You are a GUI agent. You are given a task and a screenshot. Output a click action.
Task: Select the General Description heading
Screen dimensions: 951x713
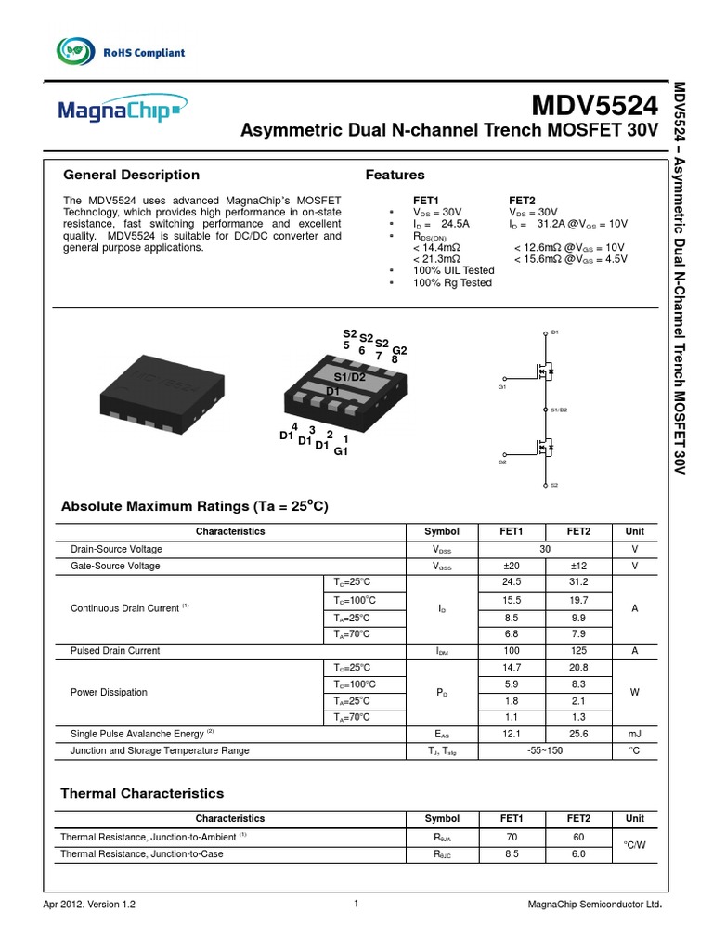tap(130, 175)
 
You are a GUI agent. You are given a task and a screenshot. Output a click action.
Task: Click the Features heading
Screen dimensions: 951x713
tap(395, 175)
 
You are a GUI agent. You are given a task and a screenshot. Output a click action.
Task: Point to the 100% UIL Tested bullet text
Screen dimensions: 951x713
tap(453, 270)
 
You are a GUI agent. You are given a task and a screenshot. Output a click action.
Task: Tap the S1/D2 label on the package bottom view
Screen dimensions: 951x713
tap(350, 377)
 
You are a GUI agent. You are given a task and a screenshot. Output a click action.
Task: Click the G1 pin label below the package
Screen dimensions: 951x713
tap(340, 451)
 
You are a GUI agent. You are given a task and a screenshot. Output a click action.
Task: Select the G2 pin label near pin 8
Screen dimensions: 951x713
tap(399, 350)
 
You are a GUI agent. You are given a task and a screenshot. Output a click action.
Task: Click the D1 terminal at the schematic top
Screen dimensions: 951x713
tap(555, 332)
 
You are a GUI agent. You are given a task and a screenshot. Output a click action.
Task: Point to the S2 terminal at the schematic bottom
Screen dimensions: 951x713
tap(554, 485)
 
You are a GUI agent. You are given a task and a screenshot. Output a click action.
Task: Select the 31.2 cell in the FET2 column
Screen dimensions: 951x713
tap(578, 582)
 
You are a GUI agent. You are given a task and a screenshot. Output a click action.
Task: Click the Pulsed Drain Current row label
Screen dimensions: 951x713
tap(115, 651)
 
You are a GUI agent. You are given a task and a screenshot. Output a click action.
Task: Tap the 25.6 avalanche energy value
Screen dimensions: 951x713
tap(578, 734)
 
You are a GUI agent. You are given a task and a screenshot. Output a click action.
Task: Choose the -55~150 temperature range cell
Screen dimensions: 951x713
tap(545, 750)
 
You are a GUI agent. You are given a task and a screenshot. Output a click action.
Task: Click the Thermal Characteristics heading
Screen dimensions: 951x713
tap(142, 793)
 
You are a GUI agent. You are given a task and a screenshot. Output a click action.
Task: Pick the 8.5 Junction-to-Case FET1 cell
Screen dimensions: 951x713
tap(512, 853)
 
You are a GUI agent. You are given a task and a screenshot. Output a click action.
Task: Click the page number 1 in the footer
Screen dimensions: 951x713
tap(356, 904)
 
